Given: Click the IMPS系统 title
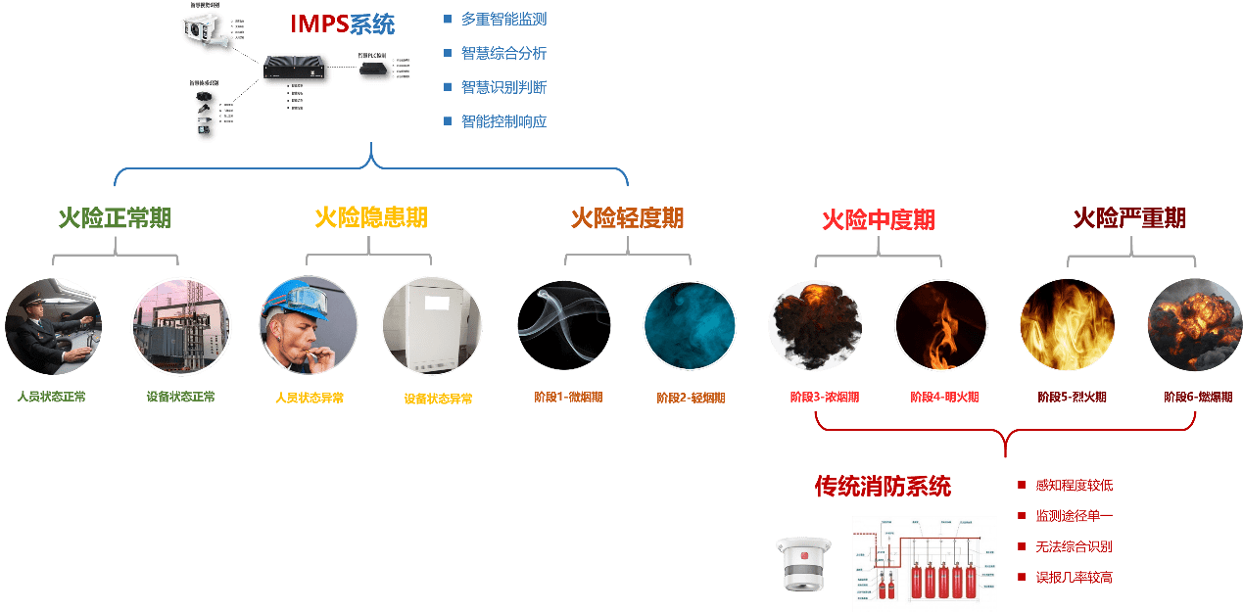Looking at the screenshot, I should tap(343, 24).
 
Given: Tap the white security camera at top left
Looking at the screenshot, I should tap(206, 28).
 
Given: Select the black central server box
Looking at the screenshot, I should tap(295, 70).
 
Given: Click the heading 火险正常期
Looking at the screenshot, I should tap(115, 217).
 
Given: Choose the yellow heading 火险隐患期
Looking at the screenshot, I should tap(371, 217).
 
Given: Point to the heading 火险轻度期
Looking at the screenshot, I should tap(627, 217).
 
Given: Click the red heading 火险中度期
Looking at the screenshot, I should tap(878, 219).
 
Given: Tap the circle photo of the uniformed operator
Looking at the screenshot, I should tap(54, 326).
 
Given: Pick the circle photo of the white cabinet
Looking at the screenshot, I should tap(432, 326).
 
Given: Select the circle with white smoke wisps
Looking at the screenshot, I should tap(564, 326).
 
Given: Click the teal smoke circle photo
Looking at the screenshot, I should tap(690, 326).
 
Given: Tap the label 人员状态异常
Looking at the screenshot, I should tap(310, 399).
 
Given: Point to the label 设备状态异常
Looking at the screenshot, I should tap(438, 400).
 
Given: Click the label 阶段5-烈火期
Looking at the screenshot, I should tap(1072, 398).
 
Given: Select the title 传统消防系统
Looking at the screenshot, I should tap(883, 486).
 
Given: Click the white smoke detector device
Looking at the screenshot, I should tap(803, 564).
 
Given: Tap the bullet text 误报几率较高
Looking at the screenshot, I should tap(1074, 578).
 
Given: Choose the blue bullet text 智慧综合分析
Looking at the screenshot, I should tap(503, 53).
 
